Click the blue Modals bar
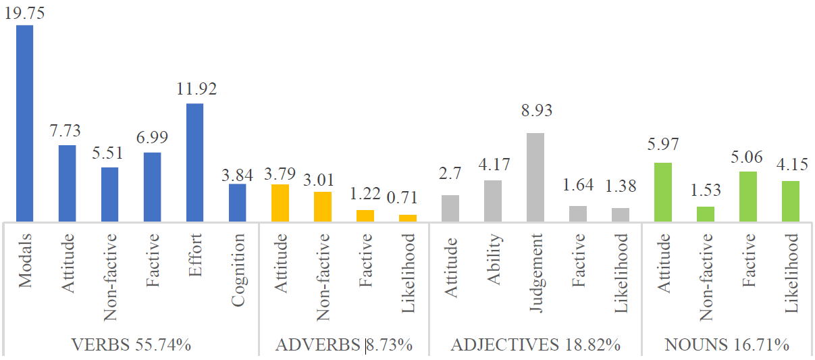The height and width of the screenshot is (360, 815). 25,123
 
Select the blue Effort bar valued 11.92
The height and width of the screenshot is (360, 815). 194,162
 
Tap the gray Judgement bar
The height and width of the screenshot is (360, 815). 535,177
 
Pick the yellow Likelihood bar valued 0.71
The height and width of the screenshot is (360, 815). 408,217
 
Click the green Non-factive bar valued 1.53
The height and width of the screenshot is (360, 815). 706,213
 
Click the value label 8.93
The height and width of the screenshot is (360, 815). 535,111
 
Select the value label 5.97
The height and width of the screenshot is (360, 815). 663,144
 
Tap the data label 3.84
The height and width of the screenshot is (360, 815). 237,175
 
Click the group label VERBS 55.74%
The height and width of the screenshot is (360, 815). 131,345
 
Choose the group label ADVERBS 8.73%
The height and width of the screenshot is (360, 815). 344,345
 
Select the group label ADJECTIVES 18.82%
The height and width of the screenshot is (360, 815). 535,345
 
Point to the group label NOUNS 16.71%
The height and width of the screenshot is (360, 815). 727,345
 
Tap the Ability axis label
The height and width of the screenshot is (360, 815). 493,259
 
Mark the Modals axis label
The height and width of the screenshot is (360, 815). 25,261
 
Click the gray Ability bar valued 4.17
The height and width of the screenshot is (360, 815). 493,201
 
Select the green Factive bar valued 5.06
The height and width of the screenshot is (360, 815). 748,197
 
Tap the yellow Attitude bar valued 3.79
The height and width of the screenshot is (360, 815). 280,203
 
